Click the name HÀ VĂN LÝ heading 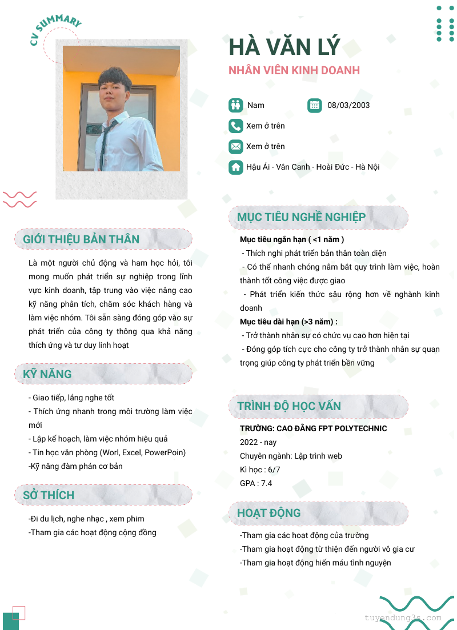coord(284,47)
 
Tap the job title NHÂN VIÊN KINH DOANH coord(294,71)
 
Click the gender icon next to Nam coord(236,105)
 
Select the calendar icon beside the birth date coord(315,105)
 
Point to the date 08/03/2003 coord(348,105)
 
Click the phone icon coord(236,126)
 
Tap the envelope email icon coord(236,146)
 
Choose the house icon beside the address coord(236,167)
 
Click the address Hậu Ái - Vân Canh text coord(313,167)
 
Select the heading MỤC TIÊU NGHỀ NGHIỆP coord(301,217)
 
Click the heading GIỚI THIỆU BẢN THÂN coord(81,239)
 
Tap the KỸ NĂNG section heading coord(47,374)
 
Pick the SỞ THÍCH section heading coord(49,495)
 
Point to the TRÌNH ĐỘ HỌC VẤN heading coord(289,406)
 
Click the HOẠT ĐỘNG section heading coord(268,513)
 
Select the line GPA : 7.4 coord(256,483)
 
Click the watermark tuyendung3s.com coord(403,618)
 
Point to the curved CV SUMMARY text coord(55,29)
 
